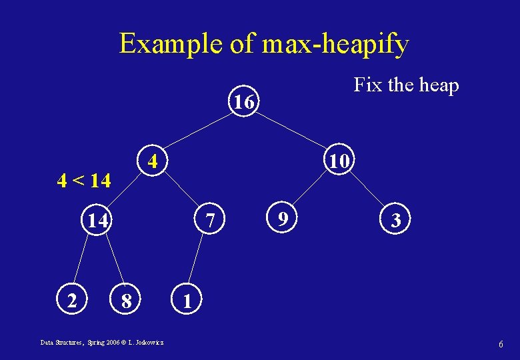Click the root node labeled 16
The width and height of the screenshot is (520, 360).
click(x=244, y=102)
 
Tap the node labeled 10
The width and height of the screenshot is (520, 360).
click(x=339, y=161)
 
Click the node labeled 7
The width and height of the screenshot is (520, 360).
click(x=209, y=219)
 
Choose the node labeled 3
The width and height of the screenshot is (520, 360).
click(x=396, y=220)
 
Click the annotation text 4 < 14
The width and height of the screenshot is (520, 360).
click(x=84, y=180)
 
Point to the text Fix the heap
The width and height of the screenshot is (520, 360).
click(x=406, y=85)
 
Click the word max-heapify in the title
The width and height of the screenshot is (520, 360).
click(x=335, y=44)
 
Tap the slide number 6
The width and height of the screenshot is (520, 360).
click(x=500, y=343)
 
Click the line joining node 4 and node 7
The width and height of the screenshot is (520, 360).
click(x=181, y=191)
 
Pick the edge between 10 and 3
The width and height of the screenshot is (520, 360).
click(x=368, y=191)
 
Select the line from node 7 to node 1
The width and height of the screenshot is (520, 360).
click(x=197, y=260)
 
